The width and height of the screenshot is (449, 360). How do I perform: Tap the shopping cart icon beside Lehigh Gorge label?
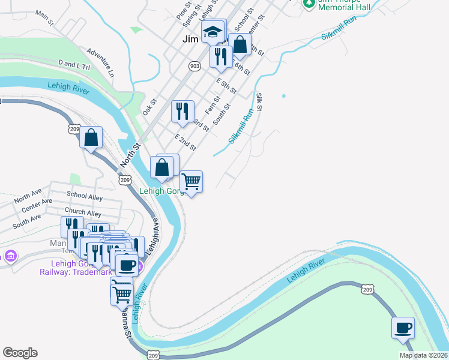(x=191, y=181)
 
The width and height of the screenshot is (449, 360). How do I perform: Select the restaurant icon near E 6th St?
(x=220, y=56)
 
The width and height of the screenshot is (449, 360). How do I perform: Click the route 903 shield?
(x=194, y=67)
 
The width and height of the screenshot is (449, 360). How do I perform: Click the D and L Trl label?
(x=74, y=65)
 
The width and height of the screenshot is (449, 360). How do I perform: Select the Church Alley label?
(x=83, y=213)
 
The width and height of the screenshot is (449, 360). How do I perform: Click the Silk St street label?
(x=259, y=102)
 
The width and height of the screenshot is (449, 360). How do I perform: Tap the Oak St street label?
(x=149, y=107)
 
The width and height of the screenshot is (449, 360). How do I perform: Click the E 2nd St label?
(x=185, y=143)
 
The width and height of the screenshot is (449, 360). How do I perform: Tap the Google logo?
(x=20, y=353)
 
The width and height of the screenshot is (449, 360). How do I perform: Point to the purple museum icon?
(x=10, y=257)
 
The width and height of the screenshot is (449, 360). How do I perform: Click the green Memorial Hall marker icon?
(x=309, y=3)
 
